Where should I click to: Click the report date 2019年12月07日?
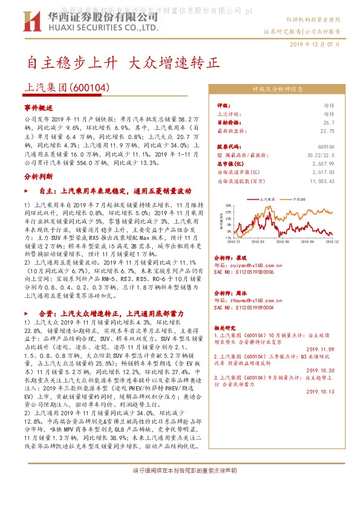[x=315, y=44]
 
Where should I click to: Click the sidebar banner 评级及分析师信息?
[x=277, y=89]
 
